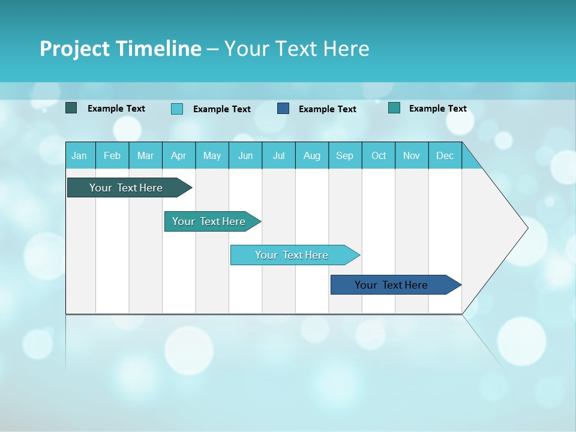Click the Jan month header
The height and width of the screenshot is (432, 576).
(79, 155)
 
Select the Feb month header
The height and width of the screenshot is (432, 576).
(112, 155)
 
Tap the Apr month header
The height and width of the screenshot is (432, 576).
(178, 155)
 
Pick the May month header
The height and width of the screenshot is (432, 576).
(212, 155)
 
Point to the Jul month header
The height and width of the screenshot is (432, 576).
(278, 155)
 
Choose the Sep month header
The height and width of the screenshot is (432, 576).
(344, 155)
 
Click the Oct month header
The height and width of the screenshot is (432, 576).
(379, 155)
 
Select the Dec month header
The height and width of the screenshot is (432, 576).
(445, 155)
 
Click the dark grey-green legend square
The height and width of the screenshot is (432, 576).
(71, 108)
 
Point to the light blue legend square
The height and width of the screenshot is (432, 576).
(177, 109)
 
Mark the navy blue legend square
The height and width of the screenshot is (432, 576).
(283, 109)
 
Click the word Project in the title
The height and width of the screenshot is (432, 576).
(74, 49)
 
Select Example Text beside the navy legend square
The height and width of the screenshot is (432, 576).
(328, 109)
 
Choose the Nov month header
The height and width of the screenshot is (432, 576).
(412, 155)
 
